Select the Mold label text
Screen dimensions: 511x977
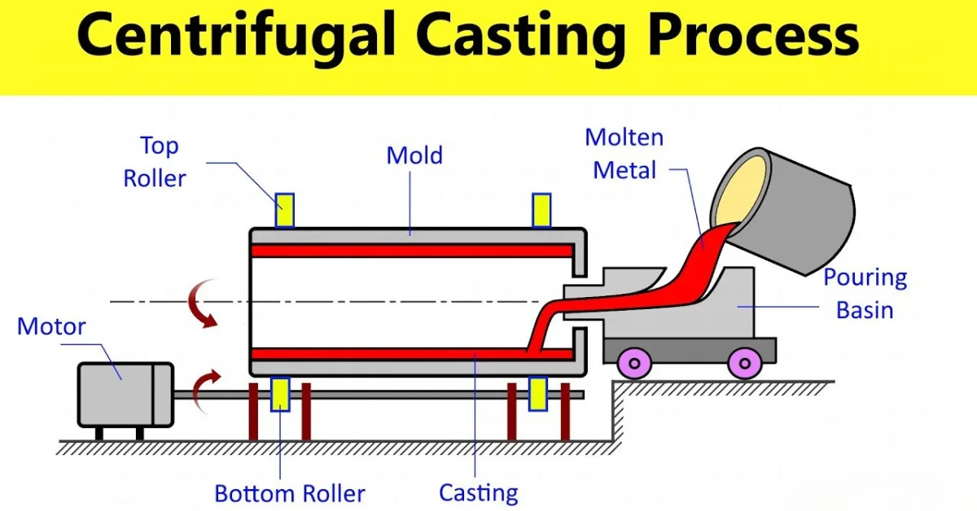(414, 155)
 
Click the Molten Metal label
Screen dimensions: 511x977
(624, 154)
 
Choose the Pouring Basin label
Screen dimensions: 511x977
(865, 293)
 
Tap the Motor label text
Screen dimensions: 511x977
(51, 327)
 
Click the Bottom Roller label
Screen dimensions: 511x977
(289, 493)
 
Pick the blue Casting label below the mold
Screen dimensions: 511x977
(478, 492)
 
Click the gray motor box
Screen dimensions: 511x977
(125, 395)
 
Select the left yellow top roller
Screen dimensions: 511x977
(284, 211)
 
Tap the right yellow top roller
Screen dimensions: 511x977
(541, 210)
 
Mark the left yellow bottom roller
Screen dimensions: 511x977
(280, 395)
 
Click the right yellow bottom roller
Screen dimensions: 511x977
(537, 394)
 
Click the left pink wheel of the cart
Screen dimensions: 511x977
(634, 362)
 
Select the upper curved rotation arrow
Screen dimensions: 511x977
(202, 302)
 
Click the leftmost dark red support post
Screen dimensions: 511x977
(253, 411)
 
